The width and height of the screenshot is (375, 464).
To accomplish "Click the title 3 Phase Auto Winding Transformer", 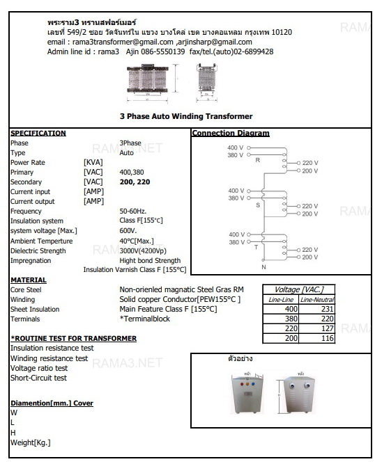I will (185, 116).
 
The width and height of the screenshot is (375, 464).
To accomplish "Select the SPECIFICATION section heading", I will (38, 134).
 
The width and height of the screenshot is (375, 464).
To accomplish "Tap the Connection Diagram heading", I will (230, 134).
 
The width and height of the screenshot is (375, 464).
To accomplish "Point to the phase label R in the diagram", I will (257, 160).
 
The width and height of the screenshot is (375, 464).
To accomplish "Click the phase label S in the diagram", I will (257, 205).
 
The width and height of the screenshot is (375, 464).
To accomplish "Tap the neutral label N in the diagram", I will (263, 266).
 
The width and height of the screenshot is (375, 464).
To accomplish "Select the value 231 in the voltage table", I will (326, 308).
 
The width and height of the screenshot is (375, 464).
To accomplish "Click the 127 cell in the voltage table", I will (326, 327).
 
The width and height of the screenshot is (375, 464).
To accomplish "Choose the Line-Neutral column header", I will (319, 299).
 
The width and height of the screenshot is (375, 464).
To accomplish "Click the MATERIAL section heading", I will (29, 280).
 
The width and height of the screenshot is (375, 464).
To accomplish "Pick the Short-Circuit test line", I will (38, 378).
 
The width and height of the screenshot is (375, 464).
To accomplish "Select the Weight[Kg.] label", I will (30, 442).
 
